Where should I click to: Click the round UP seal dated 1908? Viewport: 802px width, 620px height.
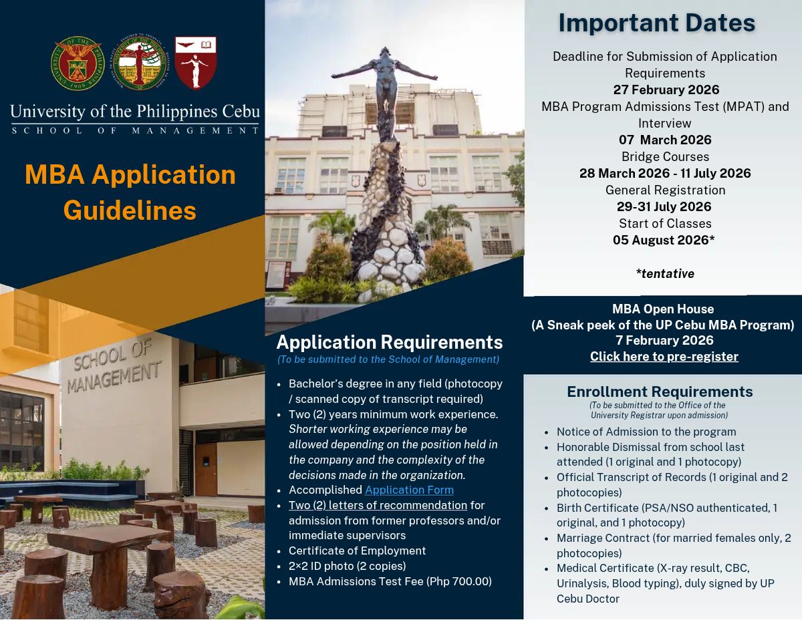[x=78, y=63]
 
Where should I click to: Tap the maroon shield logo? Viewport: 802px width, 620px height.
[x=195, y=62]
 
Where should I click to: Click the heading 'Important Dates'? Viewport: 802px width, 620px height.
[x=656, y=23]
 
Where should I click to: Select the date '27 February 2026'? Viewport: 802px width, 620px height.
[x=666, y=90]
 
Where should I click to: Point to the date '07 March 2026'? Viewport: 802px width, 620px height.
[x=665, y=140]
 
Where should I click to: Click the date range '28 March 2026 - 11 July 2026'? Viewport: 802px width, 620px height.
[x=665, y=173]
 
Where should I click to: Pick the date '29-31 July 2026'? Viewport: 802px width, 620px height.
[x=664, y=206]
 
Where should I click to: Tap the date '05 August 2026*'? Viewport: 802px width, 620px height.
[x=664, y=240]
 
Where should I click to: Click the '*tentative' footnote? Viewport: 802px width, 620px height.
[x=665, y=274]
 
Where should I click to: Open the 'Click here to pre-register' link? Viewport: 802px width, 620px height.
[x=664, y=356]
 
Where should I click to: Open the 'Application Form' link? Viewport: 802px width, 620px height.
[x=409, y=490]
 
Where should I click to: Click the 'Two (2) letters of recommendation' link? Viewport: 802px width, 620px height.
[x=378, y=505]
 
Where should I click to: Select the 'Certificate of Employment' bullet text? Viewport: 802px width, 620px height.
[x=357, y=551]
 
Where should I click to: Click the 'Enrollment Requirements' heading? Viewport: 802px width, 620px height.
[x=660, y=392]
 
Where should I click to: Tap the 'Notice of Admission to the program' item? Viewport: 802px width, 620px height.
[x=641, y=432]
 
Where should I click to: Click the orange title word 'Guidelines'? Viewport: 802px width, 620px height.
[x=130, y=210]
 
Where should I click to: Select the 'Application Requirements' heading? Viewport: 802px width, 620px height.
[x=390, y=342]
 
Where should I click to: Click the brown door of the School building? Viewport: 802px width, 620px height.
[x=206, y=470]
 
